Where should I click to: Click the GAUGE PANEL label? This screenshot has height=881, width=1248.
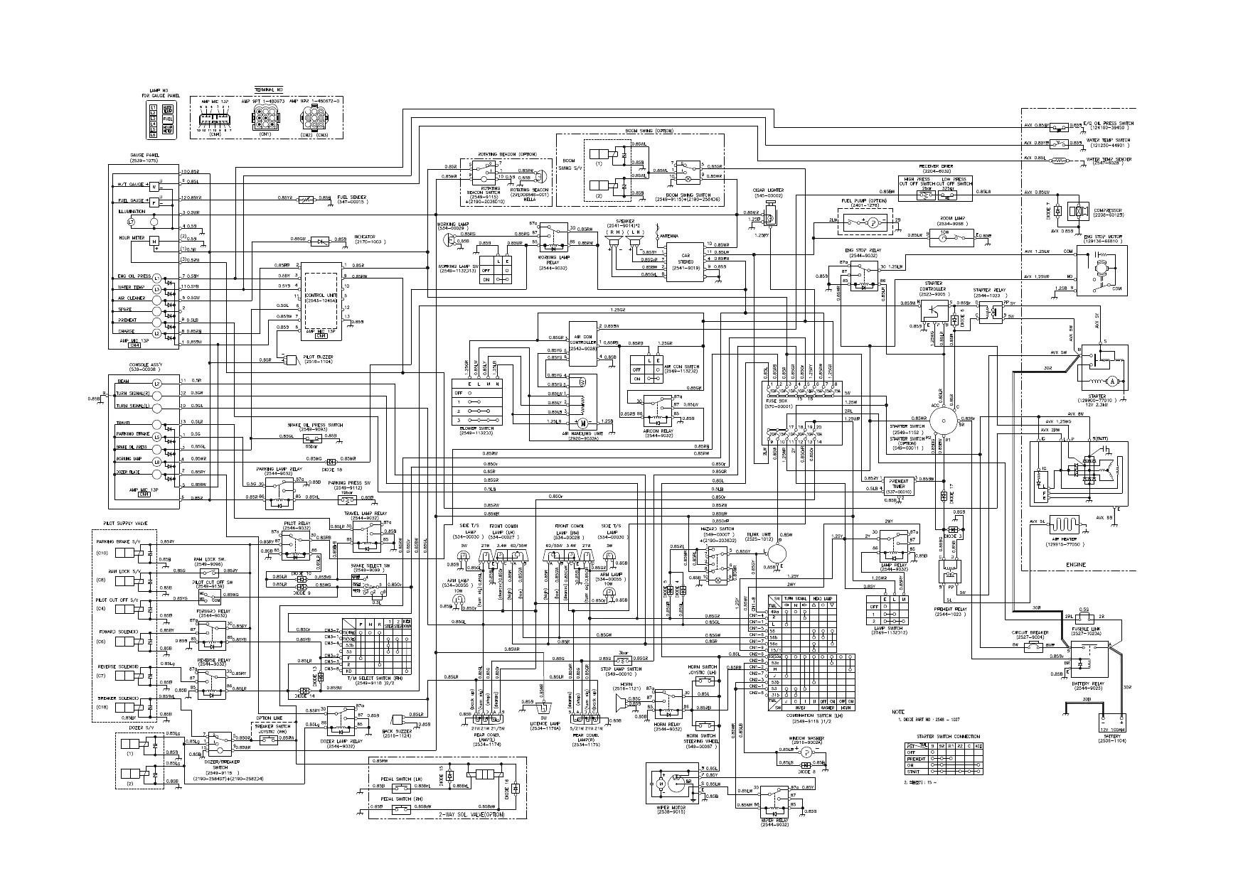pyautogui.click(x=144, y=155)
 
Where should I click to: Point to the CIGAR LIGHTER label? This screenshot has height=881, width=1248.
pyautogui.click(x=768, y=190)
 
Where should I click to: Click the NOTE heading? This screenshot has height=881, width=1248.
pyautogui.click(x=898, y=711)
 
